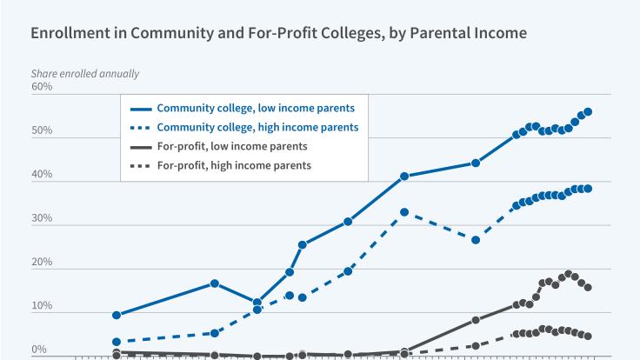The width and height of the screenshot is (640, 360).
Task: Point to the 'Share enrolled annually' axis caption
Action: tap(84, 74)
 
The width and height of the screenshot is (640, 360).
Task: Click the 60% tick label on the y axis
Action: tap(42, 87)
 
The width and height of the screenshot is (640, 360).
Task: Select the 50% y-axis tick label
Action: tap(42, 131)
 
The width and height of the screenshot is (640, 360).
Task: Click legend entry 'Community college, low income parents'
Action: tap(255, 109)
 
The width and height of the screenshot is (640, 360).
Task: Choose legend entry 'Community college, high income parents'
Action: tap(257, 127)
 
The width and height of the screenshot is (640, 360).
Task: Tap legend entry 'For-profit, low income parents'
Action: tap(231, 146)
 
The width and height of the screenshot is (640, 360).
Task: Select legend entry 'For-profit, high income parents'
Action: tap(234, 165)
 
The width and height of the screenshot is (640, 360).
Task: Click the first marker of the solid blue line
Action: tap(117, 315)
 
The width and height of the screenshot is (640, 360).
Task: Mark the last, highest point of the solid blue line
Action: tap(588, 111)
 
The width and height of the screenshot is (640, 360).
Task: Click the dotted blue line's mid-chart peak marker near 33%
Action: tap(404, 212)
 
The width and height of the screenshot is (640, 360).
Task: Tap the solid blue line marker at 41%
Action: tap(404, 177)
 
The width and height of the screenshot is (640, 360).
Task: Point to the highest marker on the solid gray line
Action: tap(568, 274)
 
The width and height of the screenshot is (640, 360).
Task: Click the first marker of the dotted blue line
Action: tap(117, 342)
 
